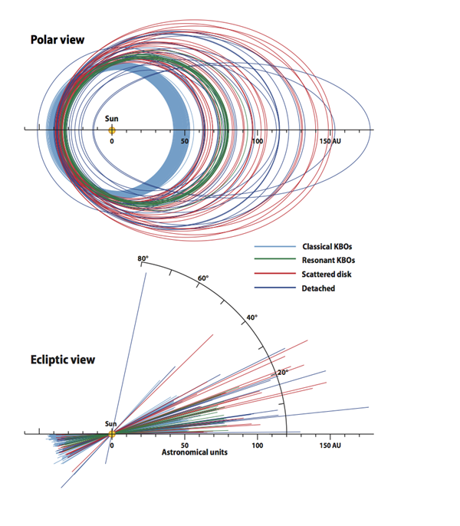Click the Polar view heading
58,40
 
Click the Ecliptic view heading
63,360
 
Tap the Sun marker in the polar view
112,130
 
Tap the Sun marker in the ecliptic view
112,434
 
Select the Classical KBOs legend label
327,247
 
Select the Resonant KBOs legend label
328,261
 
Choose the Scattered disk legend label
327,275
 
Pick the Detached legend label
318,288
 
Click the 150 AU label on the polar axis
330,141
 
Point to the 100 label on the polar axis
258,141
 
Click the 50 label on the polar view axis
185,141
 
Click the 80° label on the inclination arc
143,258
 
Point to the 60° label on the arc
203,278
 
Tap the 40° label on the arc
252,317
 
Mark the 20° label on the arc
282,373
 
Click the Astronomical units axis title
195,452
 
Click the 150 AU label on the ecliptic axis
330,445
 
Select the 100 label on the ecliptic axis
258,445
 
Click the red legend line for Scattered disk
275,274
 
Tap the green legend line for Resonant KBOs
275,259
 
